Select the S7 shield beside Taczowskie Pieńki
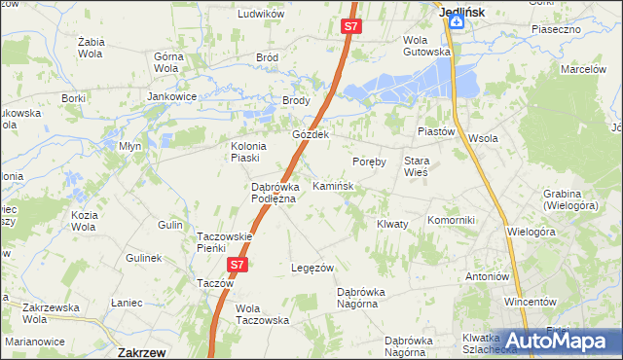[x=238, y=264]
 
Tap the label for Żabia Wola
[x=92, y=49]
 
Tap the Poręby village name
[x=370, y=162]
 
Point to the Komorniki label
[x=451, y=220]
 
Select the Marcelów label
[x=583, y=70]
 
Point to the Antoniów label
[x=488, y=276]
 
